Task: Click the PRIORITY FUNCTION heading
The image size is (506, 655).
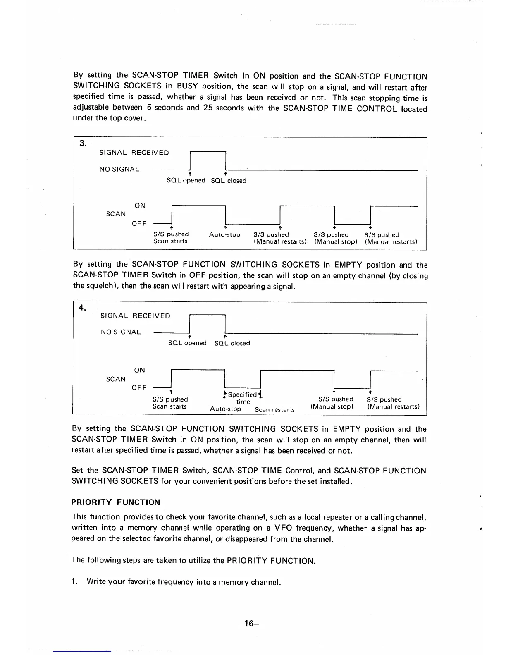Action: (x=116, y=502)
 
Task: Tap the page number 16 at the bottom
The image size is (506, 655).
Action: (x=248, y=624)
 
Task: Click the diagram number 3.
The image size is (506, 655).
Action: (x=83, y=143)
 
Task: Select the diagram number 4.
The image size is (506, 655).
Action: (x=83, y=307)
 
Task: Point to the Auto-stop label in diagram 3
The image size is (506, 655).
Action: (x=224, y=235)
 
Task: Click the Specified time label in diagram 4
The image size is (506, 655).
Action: (x=243, y=398)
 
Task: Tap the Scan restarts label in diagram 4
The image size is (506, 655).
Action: (x=274, y=410)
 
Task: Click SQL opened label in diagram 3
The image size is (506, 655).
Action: (x=186, y=181)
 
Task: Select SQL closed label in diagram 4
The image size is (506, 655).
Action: (x=232, y=343)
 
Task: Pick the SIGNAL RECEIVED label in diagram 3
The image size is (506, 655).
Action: (x=134, y=153)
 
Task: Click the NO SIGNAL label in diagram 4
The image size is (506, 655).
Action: (x=121, y=332)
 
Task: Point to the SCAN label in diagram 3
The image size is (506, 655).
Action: (x=116, y=214)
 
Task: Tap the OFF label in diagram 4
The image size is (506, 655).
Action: (x=139, y=387)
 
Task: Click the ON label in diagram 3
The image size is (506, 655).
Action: (x=140, y=206)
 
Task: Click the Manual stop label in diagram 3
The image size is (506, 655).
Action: (x=335, y=242)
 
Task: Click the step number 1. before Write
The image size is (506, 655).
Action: (x=74, y=582)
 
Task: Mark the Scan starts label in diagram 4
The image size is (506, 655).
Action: (x=169, y=406)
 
